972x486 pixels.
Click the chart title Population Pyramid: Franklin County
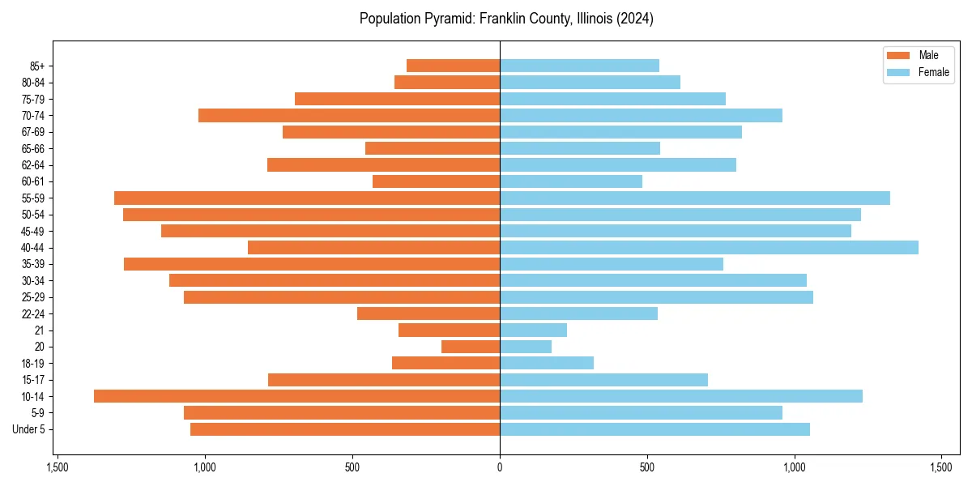click(506, 19)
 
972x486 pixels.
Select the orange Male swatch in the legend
click(898, 55)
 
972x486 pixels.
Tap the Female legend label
click(933, 72)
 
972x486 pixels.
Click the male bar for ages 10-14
click(296, 396)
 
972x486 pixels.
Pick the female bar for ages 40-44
click(709, 247)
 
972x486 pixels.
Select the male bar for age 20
click(471, 347)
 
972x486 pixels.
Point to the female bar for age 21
click(533, 330)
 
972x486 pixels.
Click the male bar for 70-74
click(349, 115)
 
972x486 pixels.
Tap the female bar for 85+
click(579, 66)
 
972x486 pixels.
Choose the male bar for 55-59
click(307, 198)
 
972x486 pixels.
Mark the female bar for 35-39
click(612, 264)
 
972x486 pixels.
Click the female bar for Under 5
click(654, 429)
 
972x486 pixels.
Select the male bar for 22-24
click(428, 313)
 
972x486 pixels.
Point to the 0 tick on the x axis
click(500, 467)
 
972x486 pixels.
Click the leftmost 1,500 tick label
click(57, 467)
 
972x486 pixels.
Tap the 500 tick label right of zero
click(646, 467)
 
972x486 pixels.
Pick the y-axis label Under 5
click(28, 429)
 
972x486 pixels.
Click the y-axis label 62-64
click(32, 165)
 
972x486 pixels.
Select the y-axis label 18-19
click(32, 363)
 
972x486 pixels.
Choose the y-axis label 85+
click(36, 66)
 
